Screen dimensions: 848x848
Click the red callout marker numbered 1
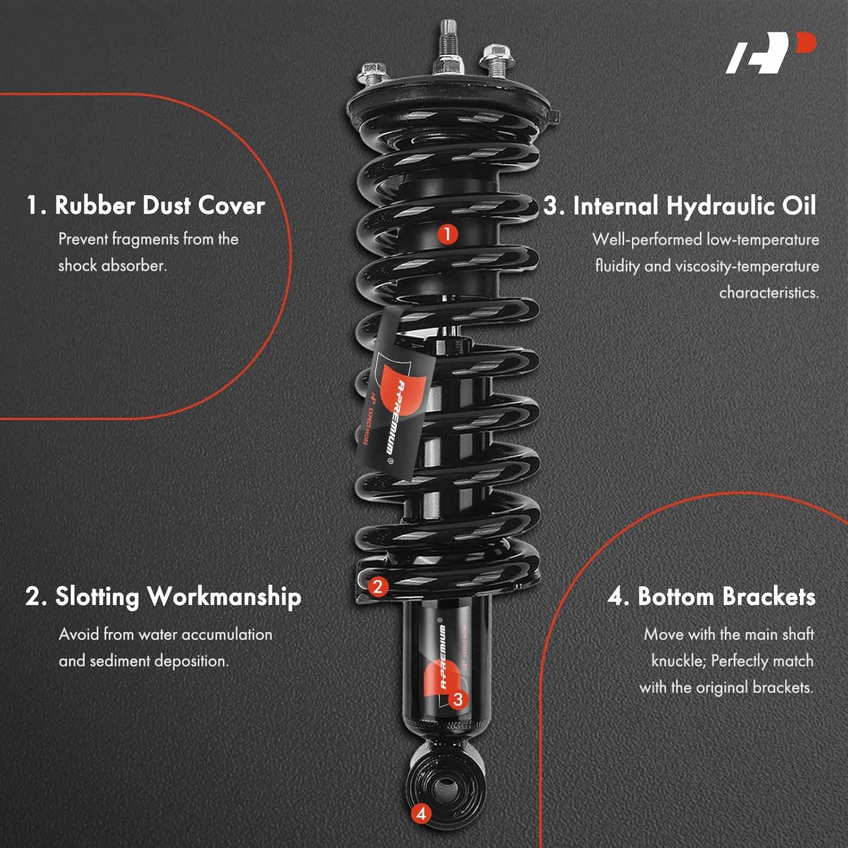(x=447, y=233)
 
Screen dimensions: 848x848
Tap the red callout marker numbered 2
(x=378, y=586)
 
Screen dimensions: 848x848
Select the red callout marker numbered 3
(x=458, y=699)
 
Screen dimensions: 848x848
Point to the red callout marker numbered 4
(x=421, y=814)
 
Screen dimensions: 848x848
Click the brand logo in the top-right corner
(x=771, y=53)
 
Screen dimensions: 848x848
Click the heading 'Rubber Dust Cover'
(x=160, y=205)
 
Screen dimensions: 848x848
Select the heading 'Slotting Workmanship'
(x=178, y=598)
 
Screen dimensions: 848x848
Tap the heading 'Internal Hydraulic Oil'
(x=694, y=206)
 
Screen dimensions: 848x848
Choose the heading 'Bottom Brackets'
(x=726, y=597)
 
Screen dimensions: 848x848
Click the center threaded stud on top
(x=448, y=45)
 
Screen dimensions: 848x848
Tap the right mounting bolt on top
(x=494, y=60)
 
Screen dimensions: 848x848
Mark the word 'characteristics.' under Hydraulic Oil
(x=769, y=293)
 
